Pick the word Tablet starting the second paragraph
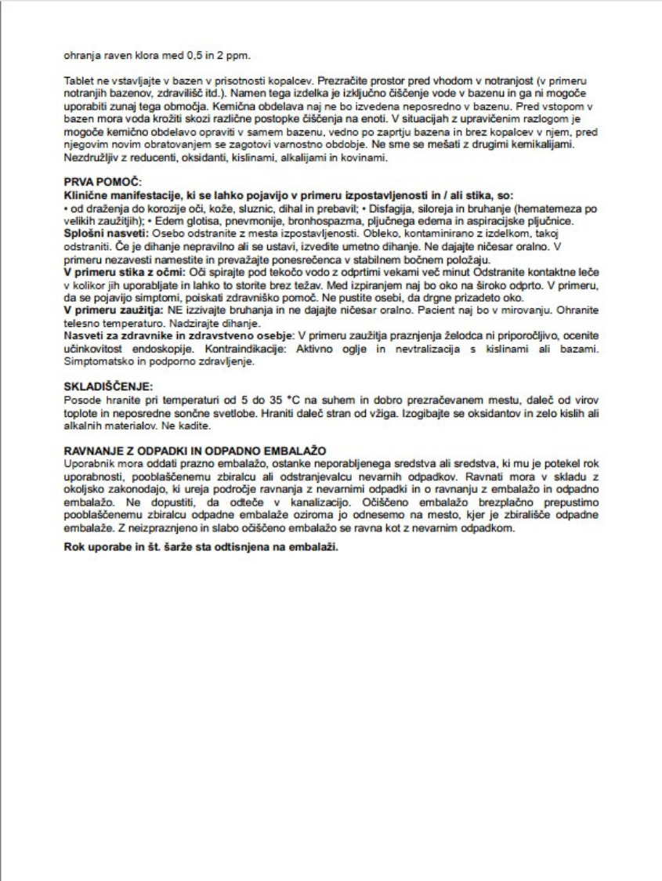76,81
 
